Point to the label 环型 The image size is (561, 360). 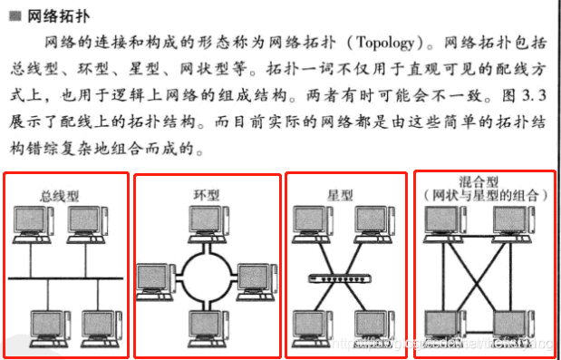[x=208, y=194]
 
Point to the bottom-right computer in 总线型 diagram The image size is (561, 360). [x=97, y=326]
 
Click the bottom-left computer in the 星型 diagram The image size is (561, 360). [x=310, y=326]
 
